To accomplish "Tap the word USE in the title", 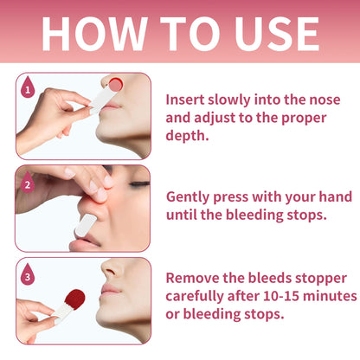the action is (277, 34).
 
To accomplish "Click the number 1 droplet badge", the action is (28, 87).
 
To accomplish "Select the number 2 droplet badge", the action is (28, 182).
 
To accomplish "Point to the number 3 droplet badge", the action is (28, 274).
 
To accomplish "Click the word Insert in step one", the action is (185, 100).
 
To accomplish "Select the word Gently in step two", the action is (188, 198).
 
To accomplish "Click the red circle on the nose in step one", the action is (116, 85).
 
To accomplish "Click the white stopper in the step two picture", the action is (86, 225).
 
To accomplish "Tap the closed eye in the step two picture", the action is (139, 183).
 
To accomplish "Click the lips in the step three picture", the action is (109, 290).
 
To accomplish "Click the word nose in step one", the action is (325, 100).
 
